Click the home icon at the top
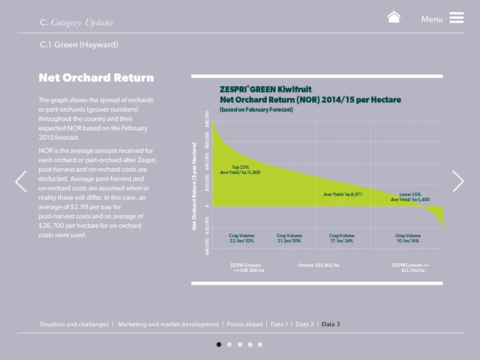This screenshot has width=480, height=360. [x=394, y=17]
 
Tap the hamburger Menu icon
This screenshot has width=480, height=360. [x=456, y=18]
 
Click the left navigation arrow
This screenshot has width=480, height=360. [x=21, y=181]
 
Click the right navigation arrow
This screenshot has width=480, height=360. [x=458, y=181]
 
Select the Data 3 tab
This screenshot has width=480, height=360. [x=330, y=324]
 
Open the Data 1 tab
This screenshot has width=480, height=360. [x=279, y=324]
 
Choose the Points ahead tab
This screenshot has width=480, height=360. [x=245, y=324]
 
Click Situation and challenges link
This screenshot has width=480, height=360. [x=74, y=324]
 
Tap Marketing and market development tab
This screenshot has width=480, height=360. [x=168, y=324]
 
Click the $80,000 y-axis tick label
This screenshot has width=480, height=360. [x=207, y=119]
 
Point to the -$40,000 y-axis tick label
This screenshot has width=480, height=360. [x=207, y=247]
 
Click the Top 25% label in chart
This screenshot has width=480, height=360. [x=240, y=167]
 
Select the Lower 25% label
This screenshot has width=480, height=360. [x=410, y=195]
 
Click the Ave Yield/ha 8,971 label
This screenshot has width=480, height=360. [x=343, y=195]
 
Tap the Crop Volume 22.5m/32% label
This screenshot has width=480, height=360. [x=241, y=238]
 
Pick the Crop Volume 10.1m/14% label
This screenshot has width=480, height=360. [x=407, y=238]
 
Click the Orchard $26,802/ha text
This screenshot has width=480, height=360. [x=318, y=265]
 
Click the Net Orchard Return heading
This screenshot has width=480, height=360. [x=96, y=78]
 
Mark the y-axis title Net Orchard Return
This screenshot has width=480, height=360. [x=194, y=187]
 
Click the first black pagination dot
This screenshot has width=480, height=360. [x=219, y=345]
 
